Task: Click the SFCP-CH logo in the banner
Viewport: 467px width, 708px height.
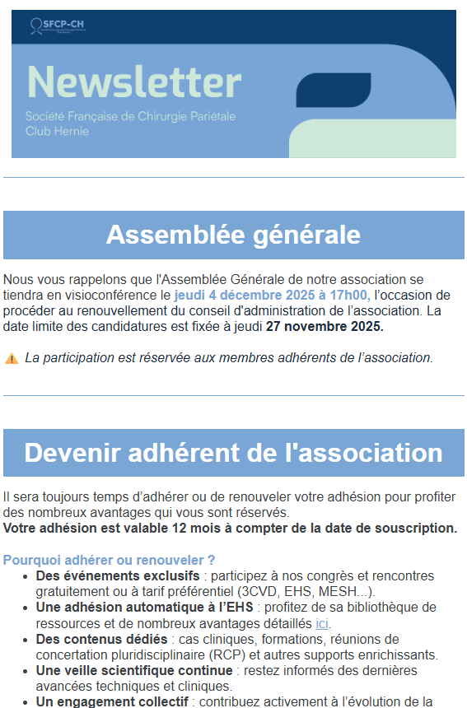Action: click(57, 26)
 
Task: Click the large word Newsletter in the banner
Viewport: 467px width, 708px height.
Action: click(133, 82)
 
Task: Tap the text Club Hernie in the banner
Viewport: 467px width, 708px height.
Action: click(57, 131)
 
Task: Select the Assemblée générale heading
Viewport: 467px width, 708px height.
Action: click(233, 235)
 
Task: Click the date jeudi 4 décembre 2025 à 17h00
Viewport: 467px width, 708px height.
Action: click(270, 296)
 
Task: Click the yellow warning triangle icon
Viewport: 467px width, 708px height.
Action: click(12, 358)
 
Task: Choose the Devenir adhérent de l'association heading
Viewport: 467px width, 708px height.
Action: click(233, 453)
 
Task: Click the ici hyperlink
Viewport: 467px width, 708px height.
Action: click(322, 623)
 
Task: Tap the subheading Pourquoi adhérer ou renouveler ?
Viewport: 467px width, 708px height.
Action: click(109, 560)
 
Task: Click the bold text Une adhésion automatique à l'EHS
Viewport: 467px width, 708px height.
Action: click(144, 608)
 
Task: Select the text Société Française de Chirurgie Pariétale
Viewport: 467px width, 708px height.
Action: click(130, 116)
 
